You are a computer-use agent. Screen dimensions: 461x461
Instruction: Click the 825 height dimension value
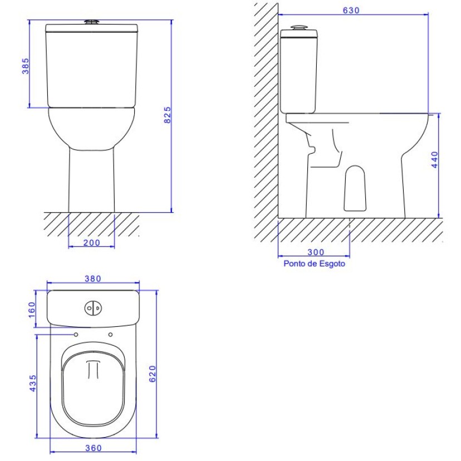click(x=166, y=115)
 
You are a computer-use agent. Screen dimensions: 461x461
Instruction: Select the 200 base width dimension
click(x=92, y=243)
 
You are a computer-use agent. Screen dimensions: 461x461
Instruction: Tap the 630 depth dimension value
click(x=352, y=10)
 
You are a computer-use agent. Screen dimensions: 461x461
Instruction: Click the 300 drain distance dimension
click(x=315, y=252)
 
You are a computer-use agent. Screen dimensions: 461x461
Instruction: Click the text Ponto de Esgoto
click(x=315, y=264)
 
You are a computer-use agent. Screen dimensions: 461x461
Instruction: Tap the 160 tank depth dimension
click(x=31, y=308)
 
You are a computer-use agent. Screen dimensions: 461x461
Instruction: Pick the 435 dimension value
click(x=32, y=384)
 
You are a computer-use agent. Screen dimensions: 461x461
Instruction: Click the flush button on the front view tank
click(x=92, y=22)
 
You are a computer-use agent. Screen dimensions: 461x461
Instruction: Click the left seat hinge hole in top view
click(x=75, y=334)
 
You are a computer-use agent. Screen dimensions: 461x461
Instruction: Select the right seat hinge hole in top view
click(x=110, y=334)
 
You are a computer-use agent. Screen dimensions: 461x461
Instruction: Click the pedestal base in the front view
click(x=92, y=184)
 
